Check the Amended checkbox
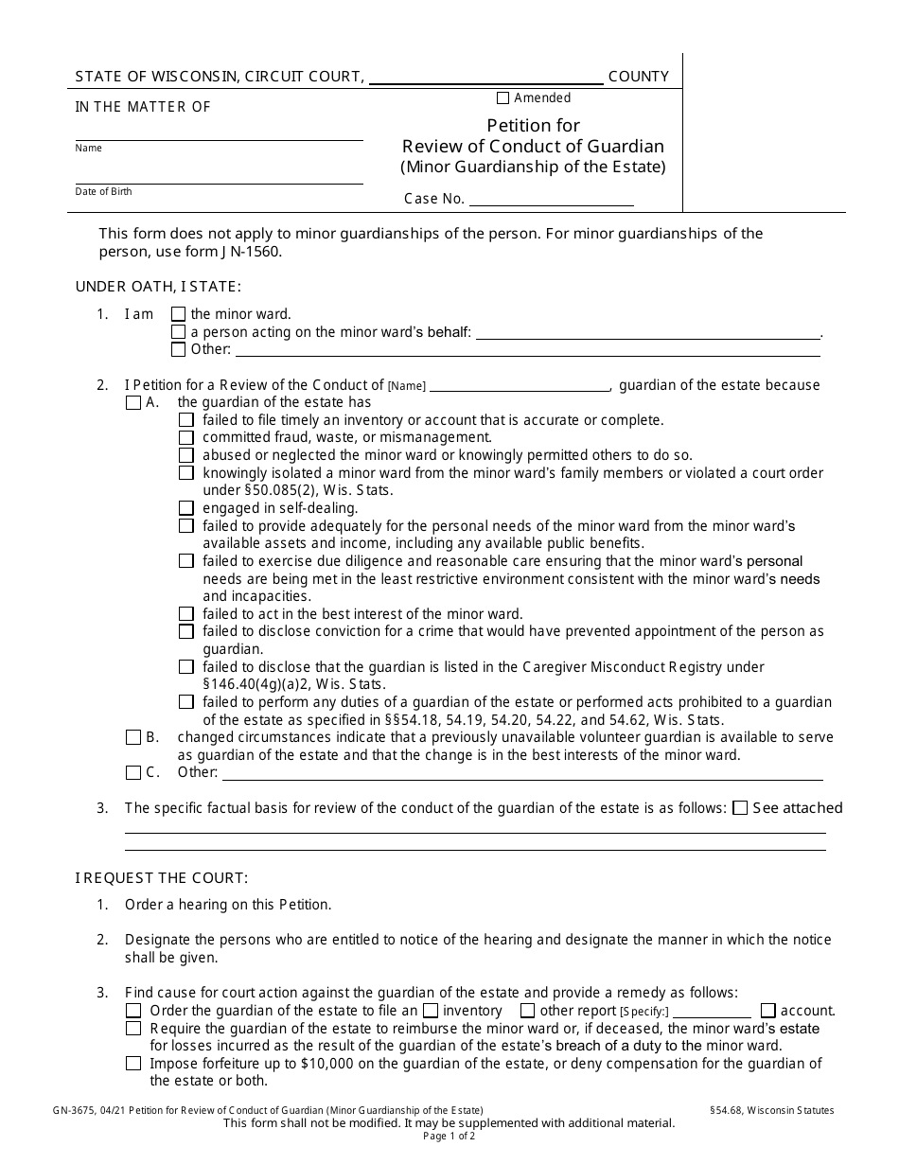[x=502, y=98]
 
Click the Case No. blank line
[x=551, y=199]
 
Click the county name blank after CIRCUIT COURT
[x=485, y=78]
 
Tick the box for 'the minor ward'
[x=178, y=314]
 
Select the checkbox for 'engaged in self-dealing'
[x=185, y=508]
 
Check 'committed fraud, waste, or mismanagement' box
[x=185, y=438]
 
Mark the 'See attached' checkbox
[x=740, y=808]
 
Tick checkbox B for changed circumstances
[x=133, y=737]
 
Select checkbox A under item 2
[x=133, y=403]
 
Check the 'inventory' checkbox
[x=431, y=1011]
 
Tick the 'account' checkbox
[x=767, y=1011]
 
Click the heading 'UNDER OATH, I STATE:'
[x=158, y=287]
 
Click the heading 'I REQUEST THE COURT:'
[x=162, y=878]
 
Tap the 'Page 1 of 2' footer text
[x=449, y=1137]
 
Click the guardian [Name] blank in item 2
[x=520, y=385]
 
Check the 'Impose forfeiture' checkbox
[x=133, y=1064]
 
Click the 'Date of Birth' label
[x=104, y=192]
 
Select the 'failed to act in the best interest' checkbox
[x=185, y=614]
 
